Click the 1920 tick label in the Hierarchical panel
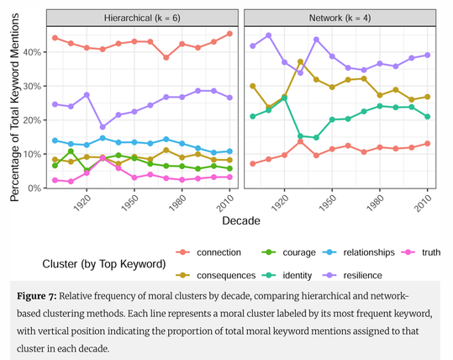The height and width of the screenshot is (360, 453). (x=82, y=203)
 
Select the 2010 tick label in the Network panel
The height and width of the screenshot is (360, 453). (x=428, y=203)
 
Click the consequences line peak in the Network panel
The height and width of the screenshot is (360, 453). (x=300, y=61)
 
